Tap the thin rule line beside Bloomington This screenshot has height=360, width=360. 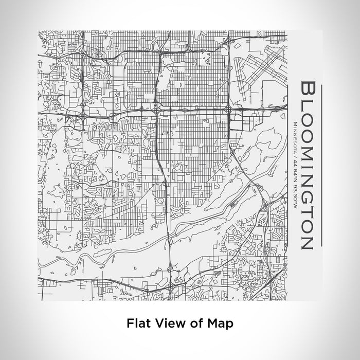322,165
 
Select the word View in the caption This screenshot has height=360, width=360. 165,324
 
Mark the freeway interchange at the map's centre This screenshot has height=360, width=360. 156,110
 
